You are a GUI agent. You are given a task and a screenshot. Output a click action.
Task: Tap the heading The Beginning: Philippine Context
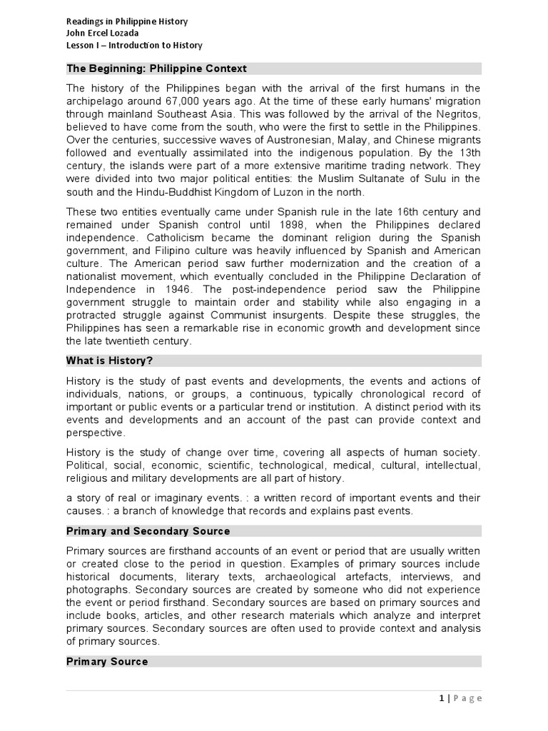tap(156, 69)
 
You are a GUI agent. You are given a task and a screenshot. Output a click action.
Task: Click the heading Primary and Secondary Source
tap(148, 531)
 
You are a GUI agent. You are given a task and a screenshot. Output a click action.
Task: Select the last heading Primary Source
tap(107, 662)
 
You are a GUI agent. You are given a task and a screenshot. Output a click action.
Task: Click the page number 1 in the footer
tap(443, 698)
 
